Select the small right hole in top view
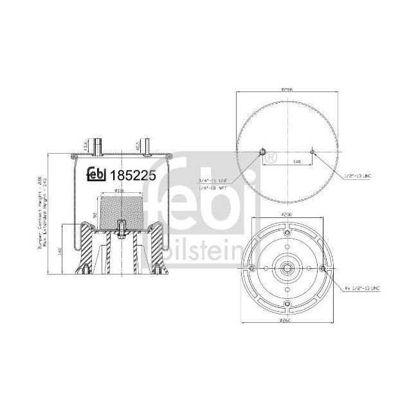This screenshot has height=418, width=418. coord(312,152)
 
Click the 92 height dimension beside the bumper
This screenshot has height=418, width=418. coord(95,215)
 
